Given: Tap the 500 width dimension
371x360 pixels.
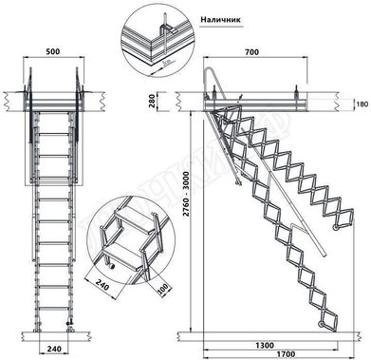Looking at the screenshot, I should click(x=53, y=48).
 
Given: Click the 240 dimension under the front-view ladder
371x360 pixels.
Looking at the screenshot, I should click(x=53, y=350).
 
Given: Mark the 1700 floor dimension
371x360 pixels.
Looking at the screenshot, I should click(x=267, y=352).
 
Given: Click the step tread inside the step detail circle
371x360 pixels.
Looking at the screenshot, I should click(x=124, y=253).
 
